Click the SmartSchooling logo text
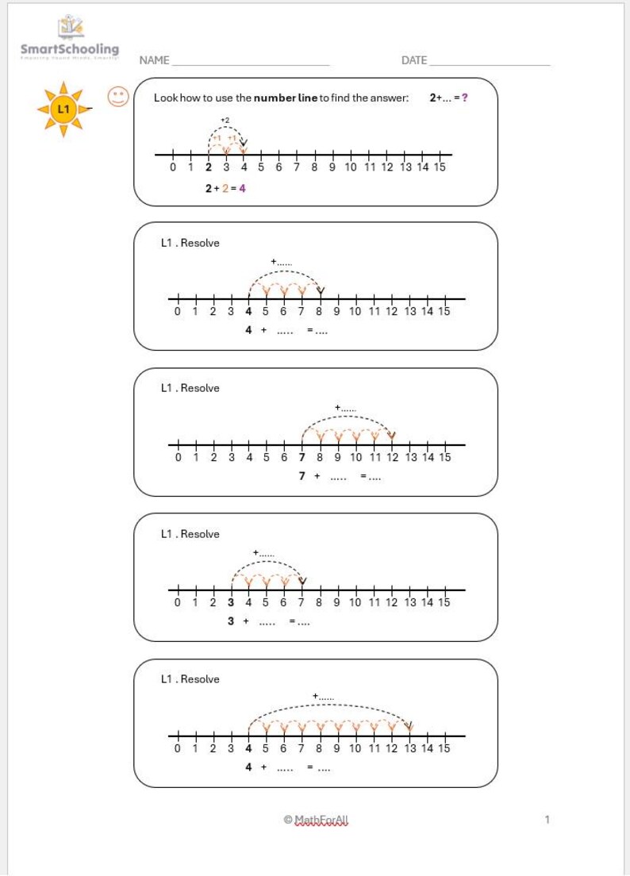click(70, 49)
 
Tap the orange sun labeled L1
click(63, 109)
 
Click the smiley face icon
click(117, 98)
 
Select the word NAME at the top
click(154, 60)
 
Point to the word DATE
click(414, 60)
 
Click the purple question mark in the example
click(464, 98)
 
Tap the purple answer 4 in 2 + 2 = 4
click(242, 189)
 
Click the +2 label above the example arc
click(225, 120)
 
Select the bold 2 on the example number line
click(208, 167)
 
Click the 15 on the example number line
click(440, 167)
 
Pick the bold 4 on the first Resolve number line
click(248, 312)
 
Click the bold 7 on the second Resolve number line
click(302, 457)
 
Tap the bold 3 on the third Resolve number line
click(231, 602)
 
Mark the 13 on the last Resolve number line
click(409, 747)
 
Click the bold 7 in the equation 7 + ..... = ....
click(302, 476)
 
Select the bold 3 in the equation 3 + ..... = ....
click(231, 621)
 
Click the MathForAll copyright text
click(316, 820)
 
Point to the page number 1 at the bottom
click(547, 820)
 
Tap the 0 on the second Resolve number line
click(178, 457)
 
